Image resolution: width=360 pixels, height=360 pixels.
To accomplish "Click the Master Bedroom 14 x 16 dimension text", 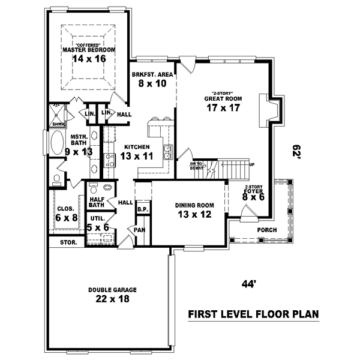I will point(88,59).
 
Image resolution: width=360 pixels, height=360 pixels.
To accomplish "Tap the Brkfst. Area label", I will point(152,74).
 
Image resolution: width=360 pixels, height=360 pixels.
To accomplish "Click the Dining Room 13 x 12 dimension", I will point(193,214).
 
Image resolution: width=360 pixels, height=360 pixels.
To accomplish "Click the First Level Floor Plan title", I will point(253,314).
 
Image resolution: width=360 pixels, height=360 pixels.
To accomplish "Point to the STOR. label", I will point(67,243).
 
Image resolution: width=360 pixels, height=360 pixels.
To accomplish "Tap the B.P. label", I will point(142,209).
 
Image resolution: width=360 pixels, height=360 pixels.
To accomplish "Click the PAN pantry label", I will point(139,229).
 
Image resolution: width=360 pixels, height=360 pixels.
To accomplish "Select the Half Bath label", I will point(97,202).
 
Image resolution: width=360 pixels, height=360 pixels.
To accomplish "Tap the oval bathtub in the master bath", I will point(57,145).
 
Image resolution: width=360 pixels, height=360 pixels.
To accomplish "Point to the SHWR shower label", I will point(58,124).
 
